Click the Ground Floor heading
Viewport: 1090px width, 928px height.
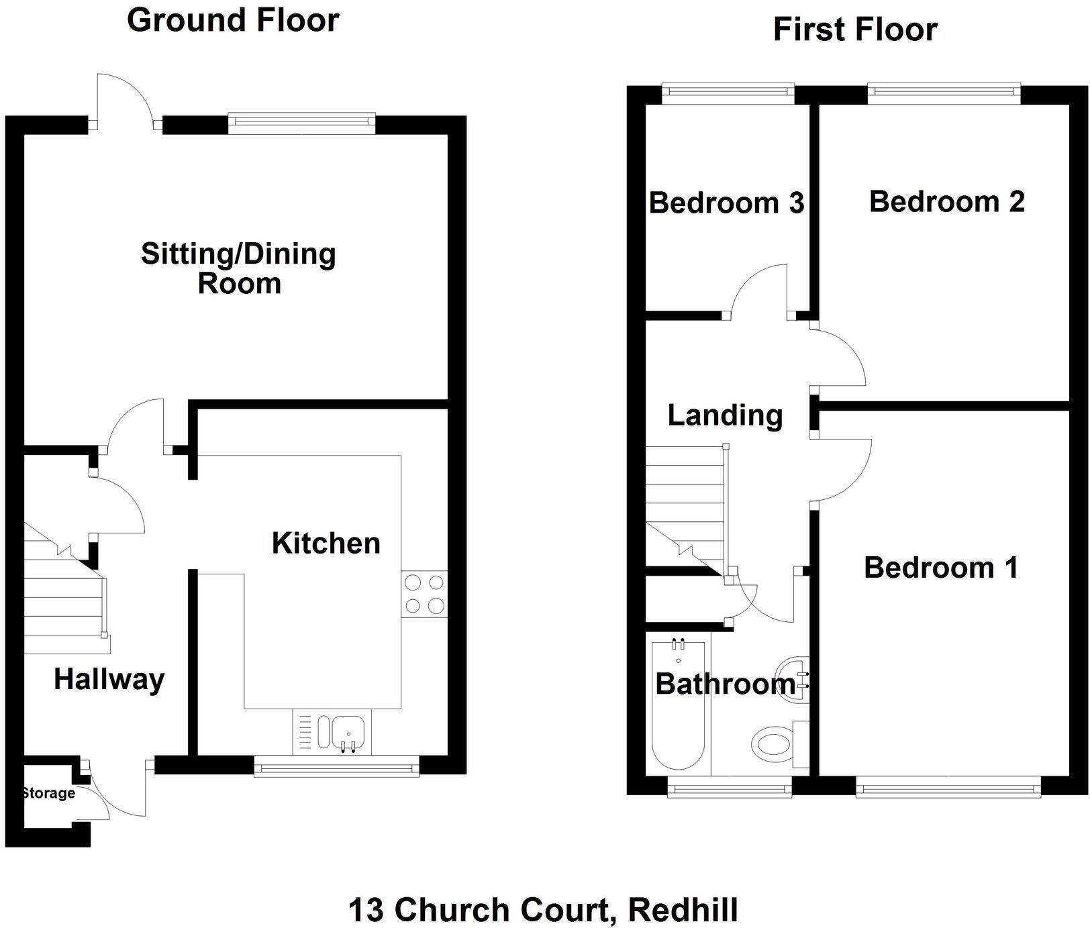[233, 20]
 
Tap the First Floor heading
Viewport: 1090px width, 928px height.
[854, 30]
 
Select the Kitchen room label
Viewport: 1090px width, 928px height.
[326, 543]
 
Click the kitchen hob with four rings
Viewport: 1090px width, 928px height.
[424, 595]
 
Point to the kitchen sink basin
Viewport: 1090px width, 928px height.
[348, 730]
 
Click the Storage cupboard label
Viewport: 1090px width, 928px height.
[48, 793]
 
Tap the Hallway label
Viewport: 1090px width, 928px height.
[109, 679]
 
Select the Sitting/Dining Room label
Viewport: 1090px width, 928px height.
[238, 268]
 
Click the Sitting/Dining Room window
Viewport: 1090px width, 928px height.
[301, 121]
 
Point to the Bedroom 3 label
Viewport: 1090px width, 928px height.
[726, 203]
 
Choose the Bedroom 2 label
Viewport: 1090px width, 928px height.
[946, 201]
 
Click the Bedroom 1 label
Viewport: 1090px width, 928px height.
[941, 568]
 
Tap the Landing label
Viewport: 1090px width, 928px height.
[725, 415]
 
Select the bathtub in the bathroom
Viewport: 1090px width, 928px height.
[678, 705]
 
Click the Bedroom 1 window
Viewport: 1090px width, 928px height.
[948, 787]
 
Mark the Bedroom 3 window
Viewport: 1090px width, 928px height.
[728, 93]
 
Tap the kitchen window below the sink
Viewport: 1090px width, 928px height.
[336, 766]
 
